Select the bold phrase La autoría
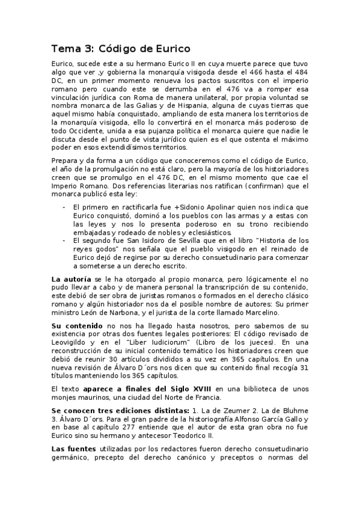[x=72, y=280]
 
